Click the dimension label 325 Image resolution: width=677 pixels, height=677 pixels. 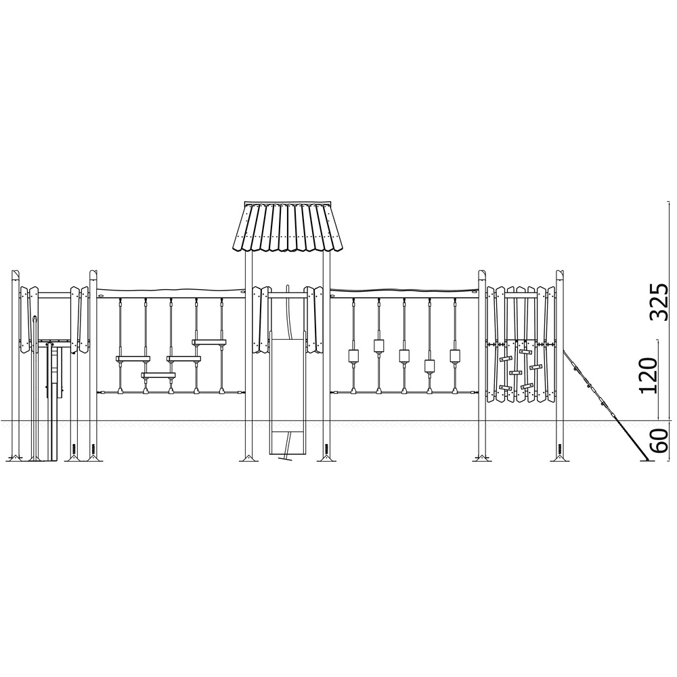pyautogui.click(x=660, y=302)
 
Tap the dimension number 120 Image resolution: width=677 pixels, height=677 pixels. pyautogui.click(x=649, y=375)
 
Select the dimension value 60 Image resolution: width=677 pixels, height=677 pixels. pyautogui.click(x=660, y=441)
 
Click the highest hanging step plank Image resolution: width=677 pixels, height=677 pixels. pyautogui.click(x=209, y=343)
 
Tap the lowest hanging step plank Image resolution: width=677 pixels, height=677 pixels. pyautogui.click(x=158, y=375)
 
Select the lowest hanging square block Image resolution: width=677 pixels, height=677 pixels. pyautogui.click(x=430, y=366)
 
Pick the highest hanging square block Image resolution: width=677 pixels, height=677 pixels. pyautogui.click(x=378, y=346)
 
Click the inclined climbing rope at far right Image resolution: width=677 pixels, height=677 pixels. pyautogui.click(x=605, y=403)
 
